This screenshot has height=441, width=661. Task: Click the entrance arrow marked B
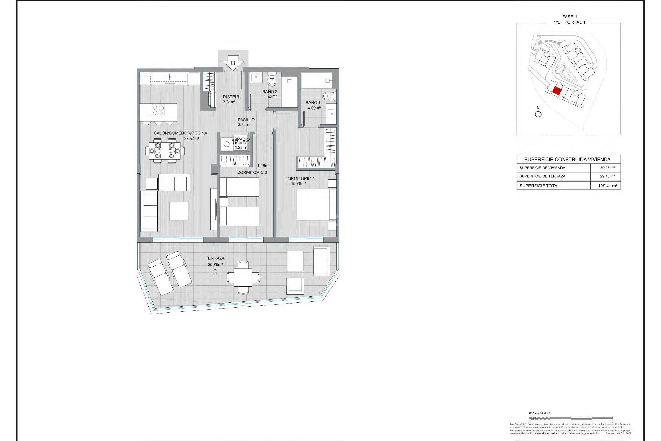(233, 63)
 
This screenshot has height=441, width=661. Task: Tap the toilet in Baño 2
(272, 81)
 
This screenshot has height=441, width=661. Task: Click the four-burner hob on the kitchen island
(158, 110)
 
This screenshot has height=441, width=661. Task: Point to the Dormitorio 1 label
(299, 178)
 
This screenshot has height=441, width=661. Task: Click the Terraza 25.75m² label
(215, 261)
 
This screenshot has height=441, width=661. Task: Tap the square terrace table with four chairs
(243, 277)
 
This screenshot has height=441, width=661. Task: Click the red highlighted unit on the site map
(557, 91)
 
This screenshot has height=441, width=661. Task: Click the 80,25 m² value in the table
(607, 168)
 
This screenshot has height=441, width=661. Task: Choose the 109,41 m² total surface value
(608, 186)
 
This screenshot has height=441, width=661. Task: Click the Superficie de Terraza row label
(542, 176)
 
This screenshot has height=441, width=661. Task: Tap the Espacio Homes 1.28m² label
(241, 143)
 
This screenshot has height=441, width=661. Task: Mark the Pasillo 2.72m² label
(246, 122)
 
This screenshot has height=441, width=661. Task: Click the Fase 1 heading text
(569, 17)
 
